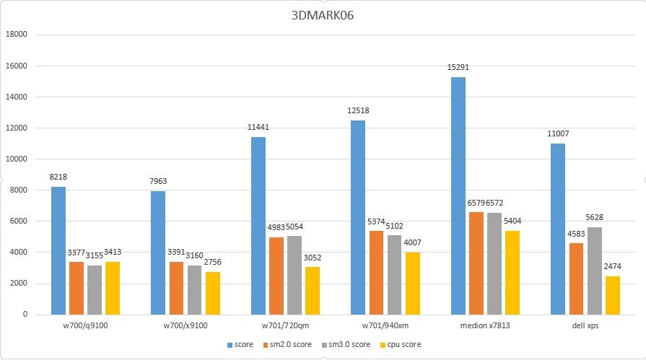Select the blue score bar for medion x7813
point(458,196)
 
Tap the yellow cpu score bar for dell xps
point(613,295)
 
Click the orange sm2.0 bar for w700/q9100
point(77,288)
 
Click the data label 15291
point(458,67)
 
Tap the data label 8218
point(58,177)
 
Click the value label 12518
point(358,110)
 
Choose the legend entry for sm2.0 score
point(287,345)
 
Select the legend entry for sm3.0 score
point(343,345)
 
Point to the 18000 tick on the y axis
point(17,35)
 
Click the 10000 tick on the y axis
point(17,159)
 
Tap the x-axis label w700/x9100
point(185,325)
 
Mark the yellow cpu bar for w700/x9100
point(213,293)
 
